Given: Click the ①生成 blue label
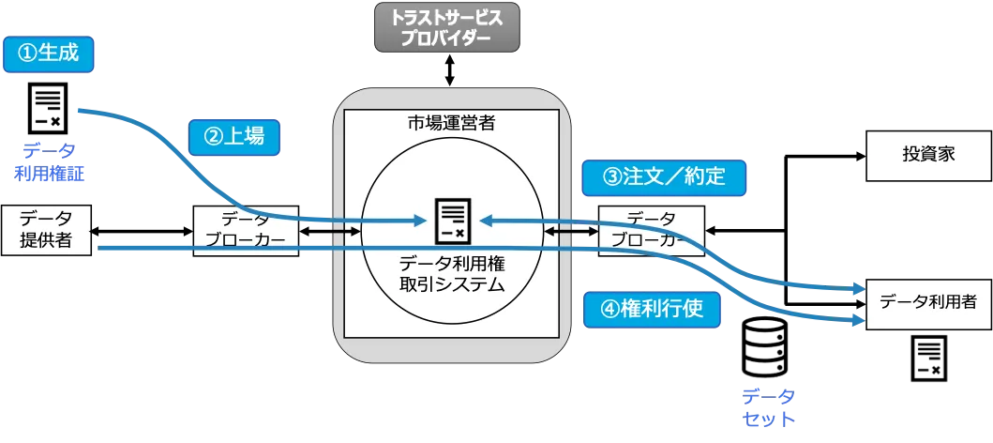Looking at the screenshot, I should point(50,54).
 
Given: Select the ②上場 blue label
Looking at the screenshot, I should point(233,136).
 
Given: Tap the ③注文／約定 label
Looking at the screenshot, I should point(664,176).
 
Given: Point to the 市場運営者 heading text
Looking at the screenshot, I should point(451,123).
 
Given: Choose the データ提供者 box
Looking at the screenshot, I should point(47,229).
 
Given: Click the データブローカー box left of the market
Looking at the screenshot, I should point(246,229).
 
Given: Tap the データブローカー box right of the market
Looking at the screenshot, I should point(650,229).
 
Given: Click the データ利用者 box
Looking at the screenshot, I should point(927,302).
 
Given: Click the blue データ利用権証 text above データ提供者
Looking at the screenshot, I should point(51,161).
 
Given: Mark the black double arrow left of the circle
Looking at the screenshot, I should point(343,230).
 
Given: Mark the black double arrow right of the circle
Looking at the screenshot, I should point(563,230).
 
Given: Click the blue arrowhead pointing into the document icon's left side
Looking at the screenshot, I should point(421,221).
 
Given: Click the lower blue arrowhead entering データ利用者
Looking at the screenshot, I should point(857,321).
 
